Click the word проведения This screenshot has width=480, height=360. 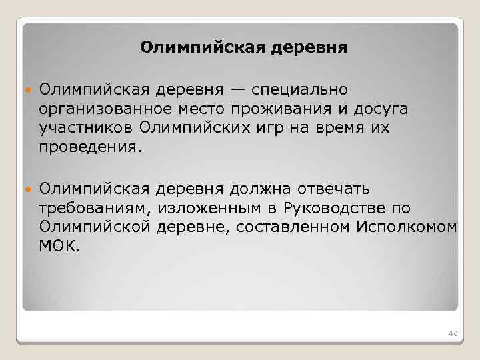tap(88, 145)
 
